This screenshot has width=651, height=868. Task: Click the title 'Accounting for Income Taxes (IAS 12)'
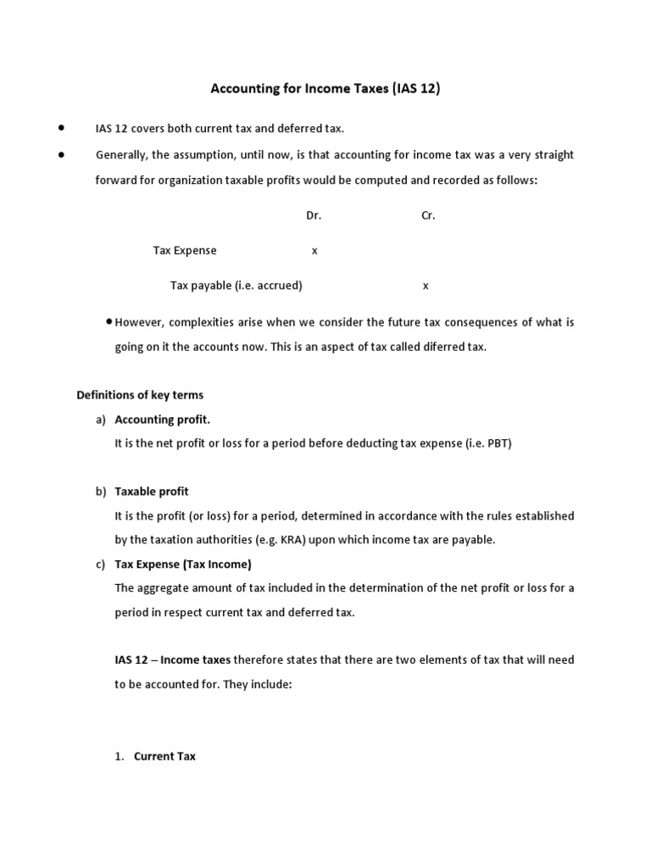pos(325,88)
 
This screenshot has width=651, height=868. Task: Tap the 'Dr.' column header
pos(314,215)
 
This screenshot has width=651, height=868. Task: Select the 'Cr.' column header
pos(428,215)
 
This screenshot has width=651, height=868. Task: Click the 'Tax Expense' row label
pos(185,250)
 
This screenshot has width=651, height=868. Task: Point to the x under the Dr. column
pos(314,251)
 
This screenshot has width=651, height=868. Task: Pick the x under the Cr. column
pos(426,286)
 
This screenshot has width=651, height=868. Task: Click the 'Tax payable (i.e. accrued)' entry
pos(236,286)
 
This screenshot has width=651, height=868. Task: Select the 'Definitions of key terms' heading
pos(140,395)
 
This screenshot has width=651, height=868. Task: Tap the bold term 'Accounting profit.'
pos(163,419)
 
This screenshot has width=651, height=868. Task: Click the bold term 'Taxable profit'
pos(152,492)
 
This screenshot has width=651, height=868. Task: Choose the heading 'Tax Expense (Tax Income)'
pos(183,564)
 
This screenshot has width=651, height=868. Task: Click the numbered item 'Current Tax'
pos(164,756)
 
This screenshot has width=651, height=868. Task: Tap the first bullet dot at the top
pos(61,127)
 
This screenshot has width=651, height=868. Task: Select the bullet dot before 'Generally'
pos(61,153)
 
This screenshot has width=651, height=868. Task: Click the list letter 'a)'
pos(101,419)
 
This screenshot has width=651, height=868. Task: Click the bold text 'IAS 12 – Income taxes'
pos(173,659)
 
